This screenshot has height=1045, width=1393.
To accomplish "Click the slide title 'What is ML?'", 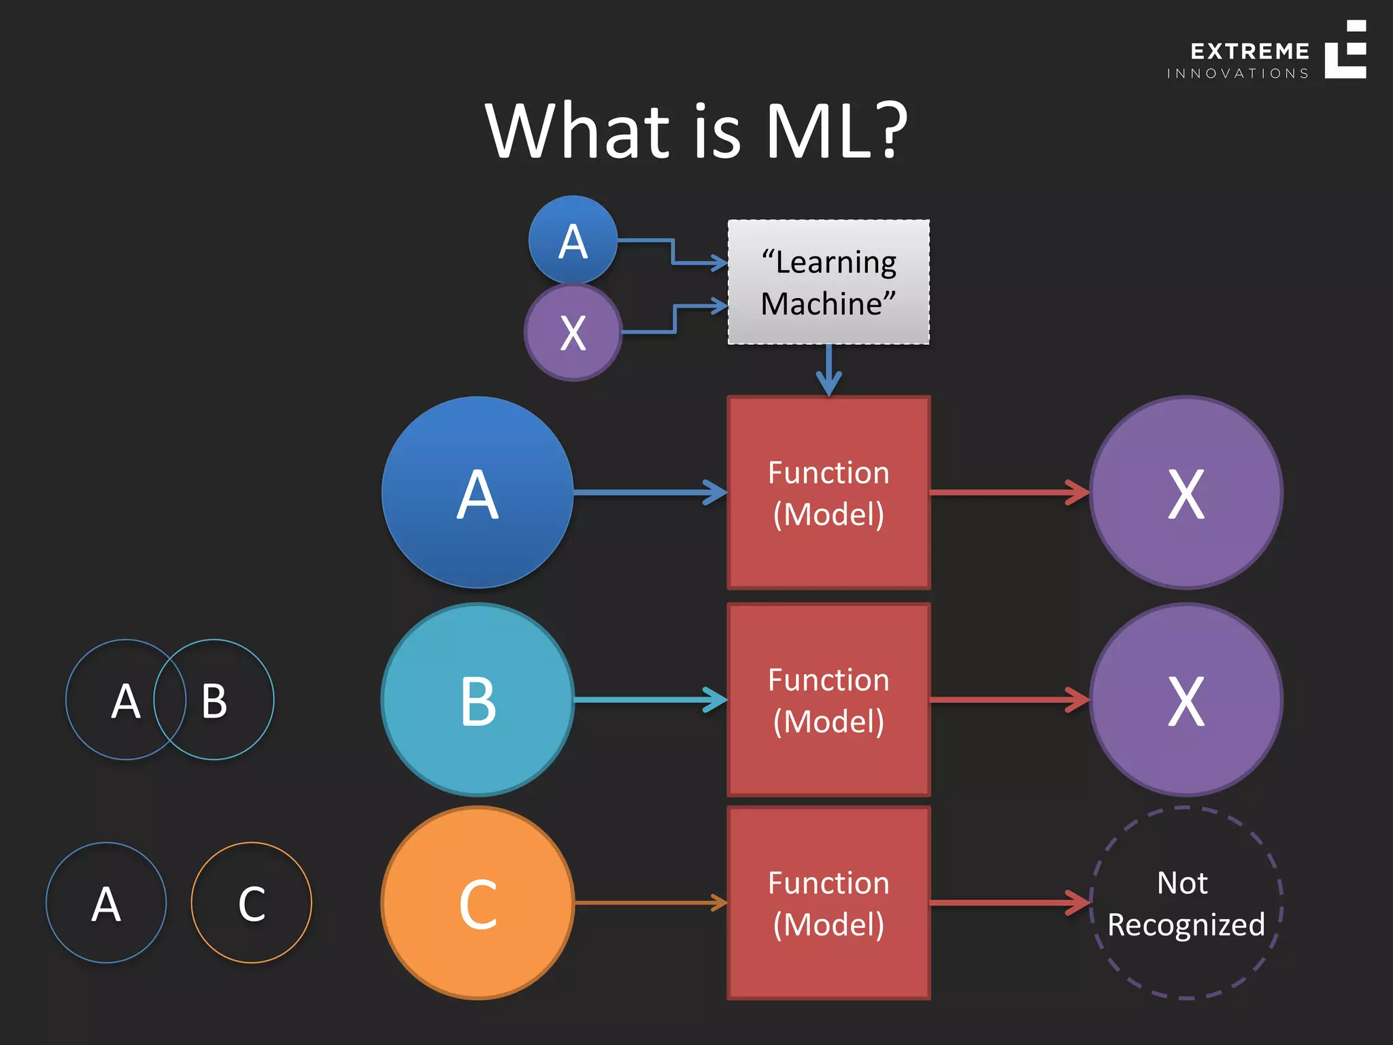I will tap(696, 131).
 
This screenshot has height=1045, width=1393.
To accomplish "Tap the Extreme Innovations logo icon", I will tap(1345, 50).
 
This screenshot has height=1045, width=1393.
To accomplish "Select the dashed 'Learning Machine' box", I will tap(828, 282).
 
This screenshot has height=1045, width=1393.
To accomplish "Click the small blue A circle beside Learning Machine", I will tap(573, 240).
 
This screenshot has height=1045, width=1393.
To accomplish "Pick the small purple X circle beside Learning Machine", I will tap(573, 333).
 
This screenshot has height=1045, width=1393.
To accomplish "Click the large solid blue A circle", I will tap(477, 493).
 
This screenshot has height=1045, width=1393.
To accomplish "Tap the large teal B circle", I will tap(477, 700).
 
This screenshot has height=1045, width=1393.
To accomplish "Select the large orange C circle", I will tap(477, 903).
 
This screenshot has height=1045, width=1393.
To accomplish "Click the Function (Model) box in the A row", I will tap(828, 493).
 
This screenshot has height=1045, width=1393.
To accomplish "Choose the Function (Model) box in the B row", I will tap(828, 700).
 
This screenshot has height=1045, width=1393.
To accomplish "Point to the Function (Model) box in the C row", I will tap(828, 903).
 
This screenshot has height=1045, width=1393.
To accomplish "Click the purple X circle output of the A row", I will tap(1186, 493).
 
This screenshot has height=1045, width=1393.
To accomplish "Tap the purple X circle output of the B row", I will tap(1186, 700).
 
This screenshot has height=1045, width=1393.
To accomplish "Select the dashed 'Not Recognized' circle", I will tap(1186, 903).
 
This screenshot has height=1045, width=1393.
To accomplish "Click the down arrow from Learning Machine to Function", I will tap(828, 371).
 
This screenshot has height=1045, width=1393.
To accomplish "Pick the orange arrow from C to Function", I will tap(650, 903).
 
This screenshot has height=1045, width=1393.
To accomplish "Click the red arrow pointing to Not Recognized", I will tap(1009, 903).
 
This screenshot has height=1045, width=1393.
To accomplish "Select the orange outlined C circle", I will tap(251, 903).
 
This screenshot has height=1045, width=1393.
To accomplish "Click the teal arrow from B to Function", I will tap(650, 700).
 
